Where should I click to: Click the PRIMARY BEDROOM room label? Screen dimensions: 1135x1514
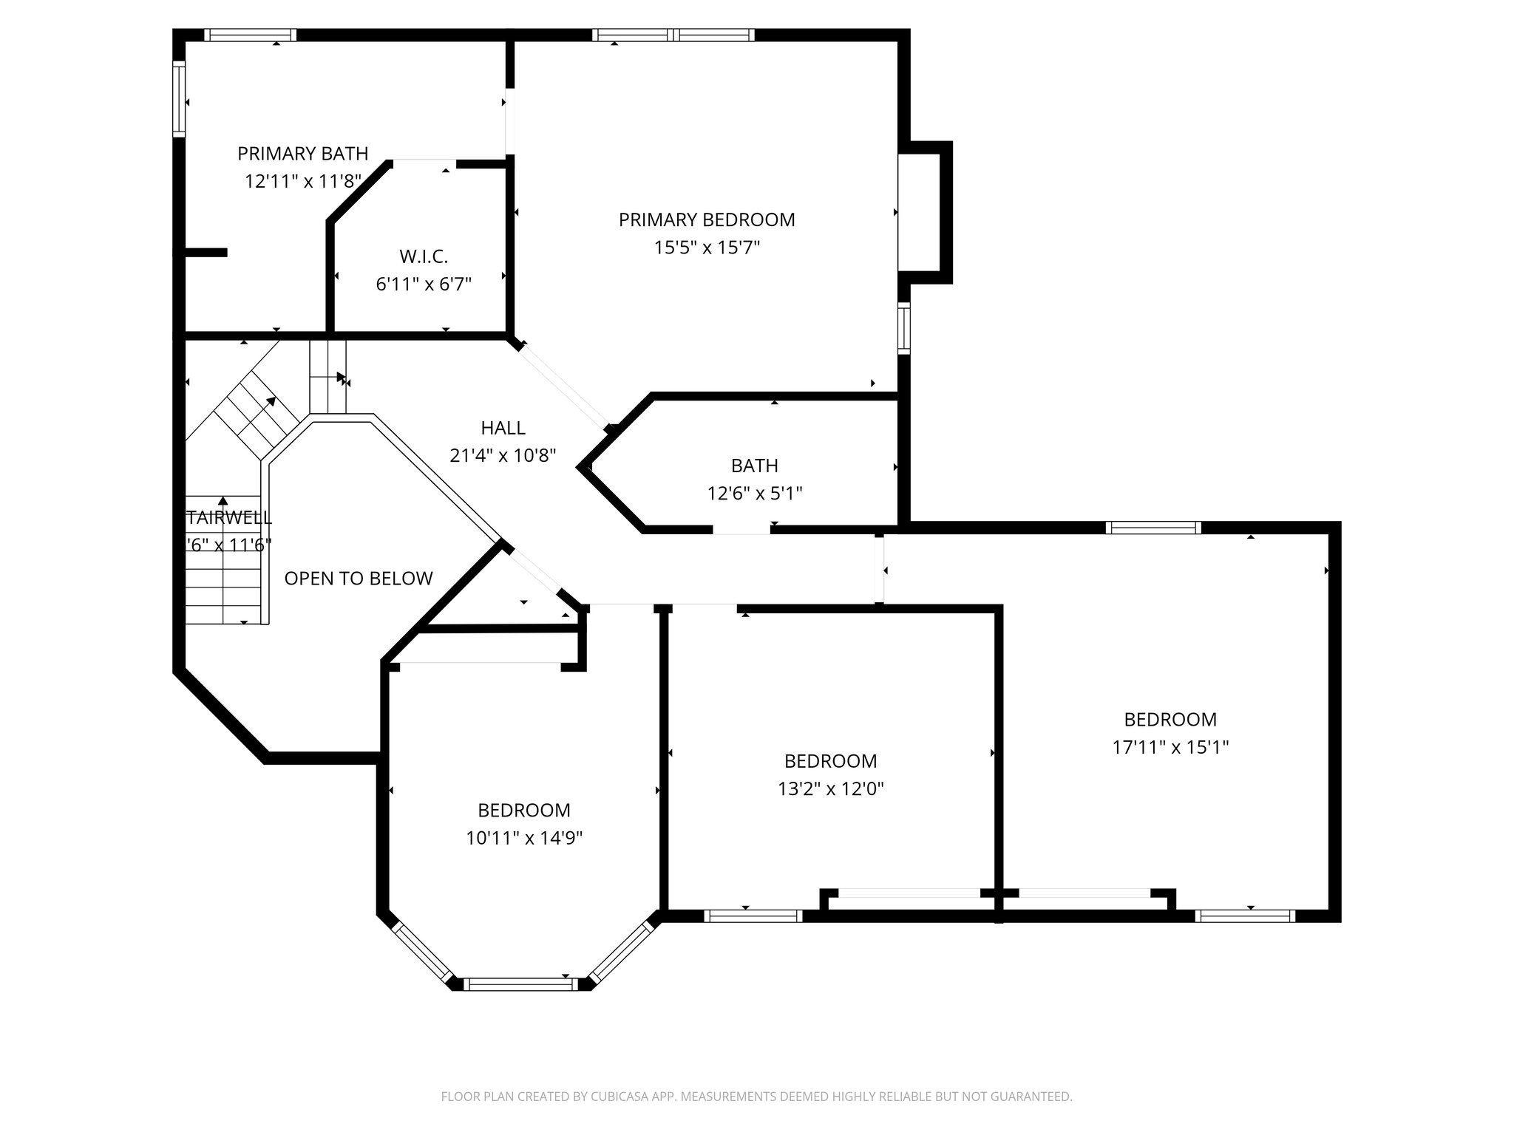tap(707, 219)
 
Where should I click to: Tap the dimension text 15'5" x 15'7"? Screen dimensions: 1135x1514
tap(707, 248)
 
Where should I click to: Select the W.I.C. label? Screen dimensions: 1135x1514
tap(424, 256)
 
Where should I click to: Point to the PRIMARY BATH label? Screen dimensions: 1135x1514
tap(302, 154)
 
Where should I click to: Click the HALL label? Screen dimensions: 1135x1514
tap(503, 428)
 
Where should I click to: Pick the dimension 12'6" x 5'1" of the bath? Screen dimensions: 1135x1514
tap(755, 493)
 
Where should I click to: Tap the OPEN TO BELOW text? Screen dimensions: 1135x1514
tap(359, 579)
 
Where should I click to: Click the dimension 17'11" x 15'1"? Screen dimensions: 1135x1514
tap(1170, 747)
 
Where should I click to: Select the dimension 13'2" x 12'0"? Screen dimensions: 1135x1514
tap(831, 788)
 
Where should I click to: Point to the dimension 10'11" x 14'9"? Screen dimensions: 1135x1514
tap(524, 838)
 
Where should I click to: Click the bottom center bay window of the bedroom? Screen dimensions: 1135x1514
tap(521, 984)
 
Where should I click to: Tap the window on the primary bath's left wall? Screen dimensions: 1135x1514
tap(179, 99)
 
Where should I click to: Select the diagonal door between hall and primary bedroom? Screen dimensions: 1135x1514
tap(563, 386)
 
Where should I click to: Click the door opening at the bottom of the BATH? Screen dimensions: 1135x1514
tap(741, 530)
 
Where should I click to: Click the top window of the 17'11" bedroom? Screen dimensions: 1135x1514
tap(1153, 528)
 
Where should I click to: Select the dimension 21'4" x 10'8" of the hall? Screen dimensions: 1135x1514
tap(503, 456)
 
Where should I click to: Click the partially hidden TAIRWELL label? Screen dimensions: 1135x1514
tap(229, 518)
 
